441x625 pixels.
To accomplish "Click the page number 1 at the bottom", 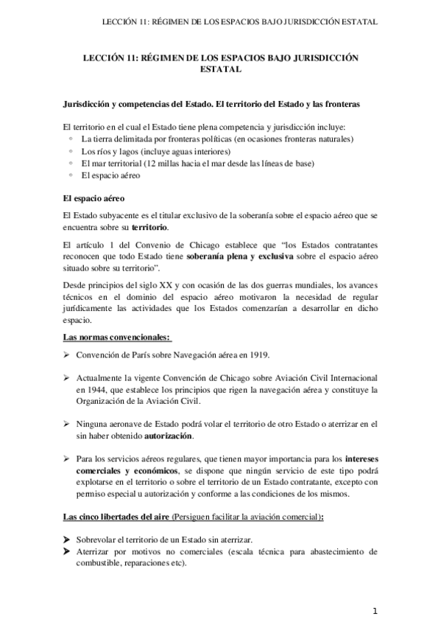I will tap(375, 611).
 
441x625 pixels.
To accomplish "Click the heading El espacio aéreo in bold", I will tap(94, 199).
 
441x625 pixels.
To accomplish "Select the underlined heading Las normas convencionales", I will tap(117, 337).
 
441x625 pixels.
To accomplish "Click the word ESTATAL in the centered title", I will tap(220, 71).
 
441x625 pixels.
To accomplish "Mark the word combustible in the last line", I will tap(103, 562).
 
